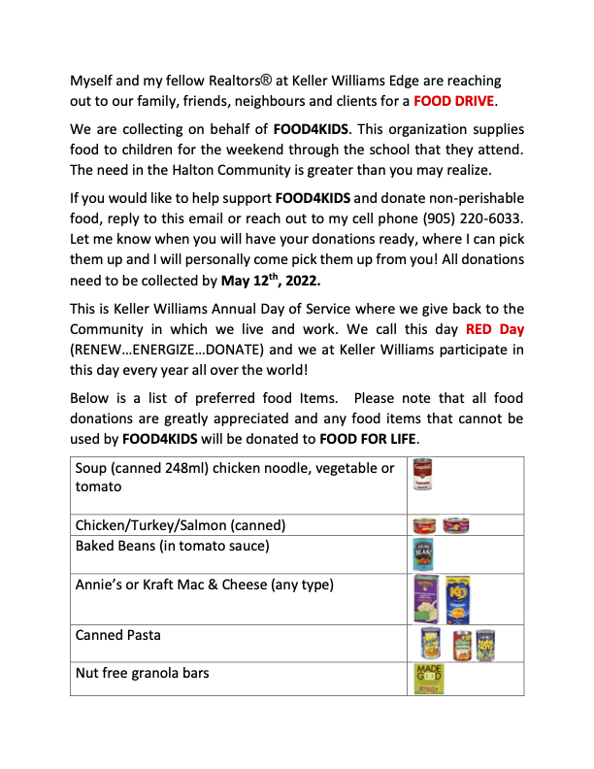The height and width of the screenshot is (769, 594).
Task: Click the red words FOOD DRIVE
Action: click(454, 101)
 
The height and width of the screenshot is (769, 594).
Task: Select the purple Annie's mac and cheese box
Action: click(426, 597)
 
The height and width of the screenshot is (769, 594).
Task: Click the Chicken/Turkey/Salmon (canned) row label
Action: click(181, 525)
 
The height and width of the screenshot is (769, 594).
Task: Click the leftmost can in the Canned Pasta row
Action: click(430, 644)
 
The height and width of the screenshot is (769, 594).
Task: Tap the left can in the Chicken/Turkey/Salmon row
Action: click(425, 525)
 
